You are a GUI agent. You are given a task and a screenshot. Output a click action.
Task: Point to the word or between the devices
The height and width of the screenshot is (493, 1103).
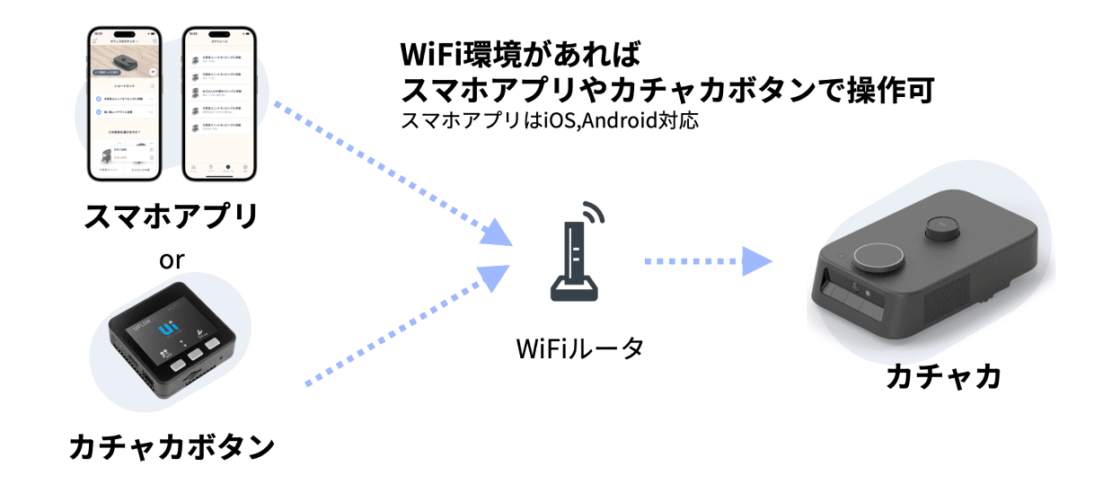(171, 260)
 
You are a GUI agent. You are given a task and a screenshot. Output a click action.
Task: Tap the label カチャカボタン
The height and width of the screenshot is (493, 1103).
(171, 445)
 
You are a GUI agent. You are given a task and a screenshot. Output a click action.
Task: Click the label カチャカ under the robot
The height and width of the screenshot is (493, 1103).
(942, 378)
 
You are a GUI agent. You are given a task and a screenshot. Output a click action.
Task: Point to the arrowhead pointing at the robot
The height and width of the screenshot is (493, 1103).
(760, 262)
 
